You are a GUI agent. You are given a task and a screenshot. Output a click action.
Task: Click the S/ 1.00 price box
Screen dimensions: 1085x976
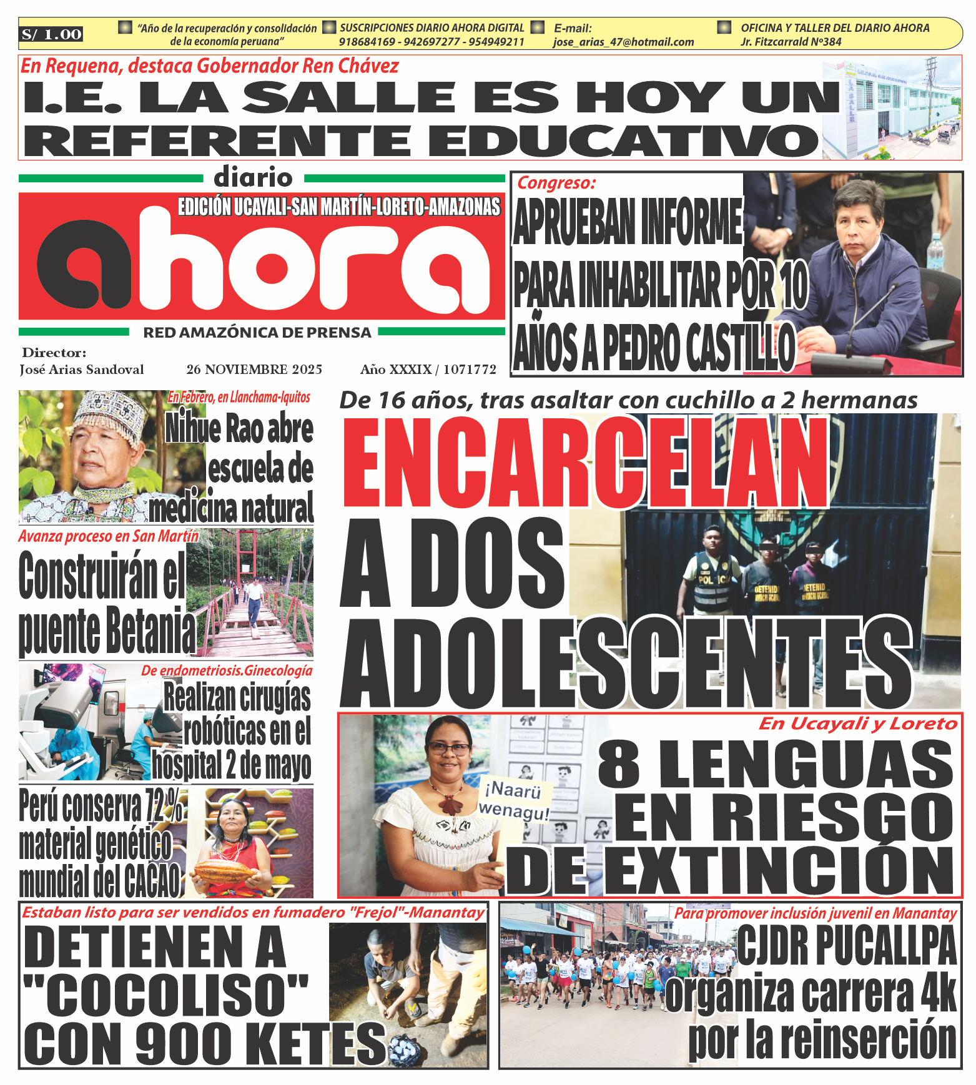click(51, 34)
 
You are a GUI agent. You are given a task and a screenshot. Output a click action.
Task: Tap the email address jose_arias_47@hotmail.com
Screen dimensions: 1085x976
click(623, 42)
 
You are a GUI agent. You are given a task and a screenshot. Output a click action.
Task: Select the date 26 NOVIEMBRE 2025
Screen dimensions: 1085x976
click(254, 370)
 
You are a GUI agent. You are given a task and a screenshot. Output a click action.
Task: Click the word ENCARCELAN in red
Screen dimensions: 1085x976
click(586, 463)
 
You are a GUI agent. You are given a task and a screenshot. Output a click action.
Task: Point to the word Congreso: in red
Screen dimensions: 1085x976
click(556, 183)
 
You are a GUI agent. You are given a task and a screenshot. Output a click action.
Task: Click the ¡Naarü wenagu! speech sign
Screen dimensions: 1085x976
click(514, 801)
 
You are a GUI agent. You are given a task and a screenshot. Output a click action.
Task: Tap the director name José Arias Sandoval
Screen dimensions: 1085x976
click(82, 370)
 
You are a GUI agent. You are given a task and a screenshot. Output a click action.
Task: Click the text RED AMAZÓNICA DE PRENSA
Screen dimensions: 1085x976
click(257, 333)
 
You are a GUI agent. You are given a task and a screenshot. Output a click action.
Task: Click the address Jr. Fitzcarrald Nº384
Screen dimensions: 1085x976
click(791, 42)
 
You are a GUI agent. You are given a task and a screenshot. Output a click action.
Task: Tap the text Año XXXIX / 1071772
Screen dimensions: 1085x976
click(428, 370)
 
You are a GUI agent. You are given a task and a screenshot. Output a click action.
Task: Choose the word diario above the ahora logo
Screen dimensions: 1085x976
click(253, 178)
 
